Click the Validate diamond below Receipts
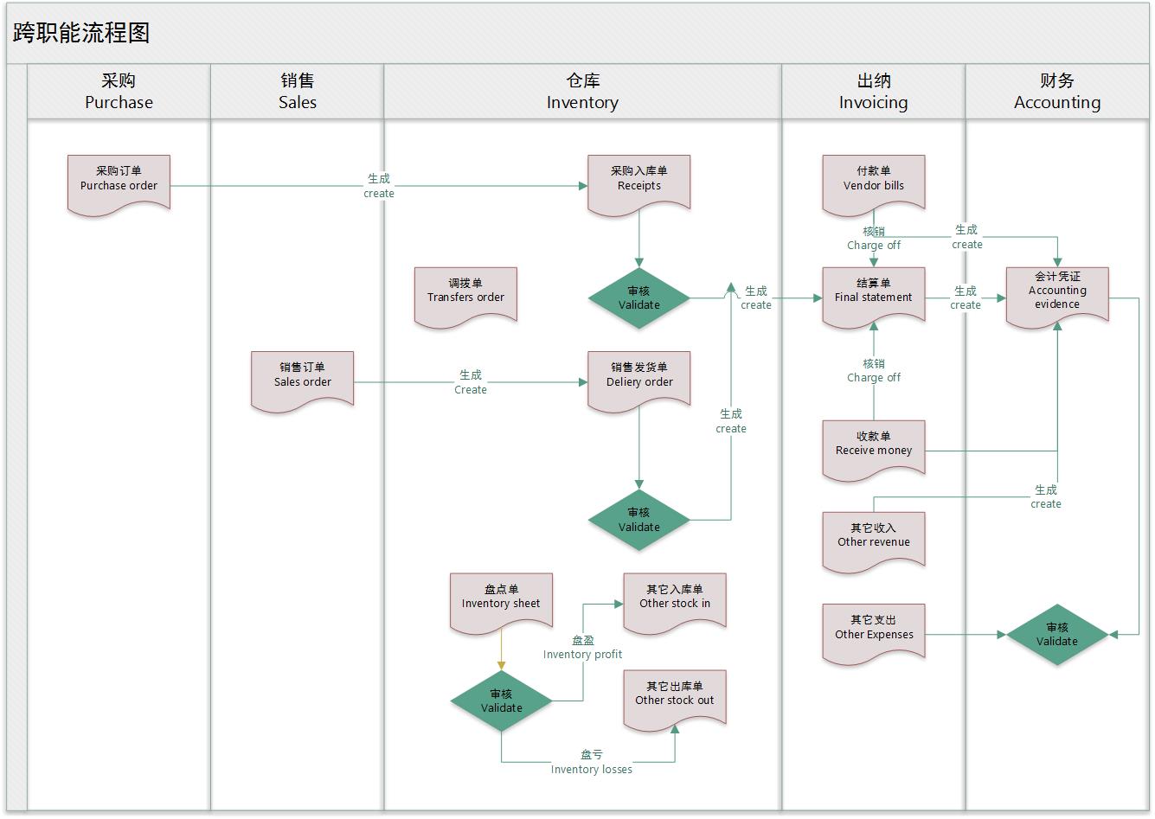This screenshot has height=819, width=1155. (x=638, y=298)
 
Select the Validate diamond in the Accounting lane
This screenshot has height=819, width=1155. (x=1056, y=635)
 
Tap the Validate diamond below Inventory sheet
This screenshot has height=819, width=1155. (x=501, y=701)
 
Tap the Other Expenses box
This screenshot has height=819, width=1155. (x=873, y=632)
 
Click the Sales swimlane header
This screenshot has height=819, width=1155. (x=297, y=92)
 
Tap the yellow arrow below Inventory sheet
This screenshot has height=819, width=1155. (x=501, y=650)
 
